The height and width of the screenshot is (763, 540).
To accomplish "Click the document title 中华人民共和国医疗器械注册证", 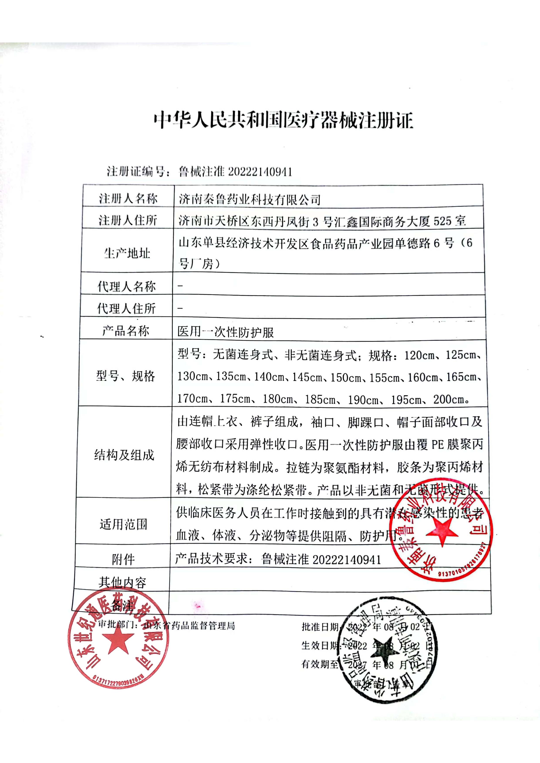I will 283,120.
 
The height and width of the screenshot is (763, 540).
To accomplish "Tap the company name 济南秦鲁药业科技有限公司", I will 250,199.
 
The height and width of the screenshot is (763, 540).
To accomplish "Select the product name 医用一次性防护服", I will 226,332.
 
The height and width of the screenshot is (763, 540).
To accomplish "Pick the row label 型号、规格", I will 125,376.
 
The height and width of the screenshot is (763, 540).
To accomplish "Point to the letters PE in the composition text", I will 437,445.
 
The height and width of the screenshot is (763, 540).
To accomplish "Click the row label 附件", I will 123,560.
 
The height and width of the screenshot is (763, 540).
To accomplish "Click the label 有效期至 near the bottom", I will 319,664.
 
